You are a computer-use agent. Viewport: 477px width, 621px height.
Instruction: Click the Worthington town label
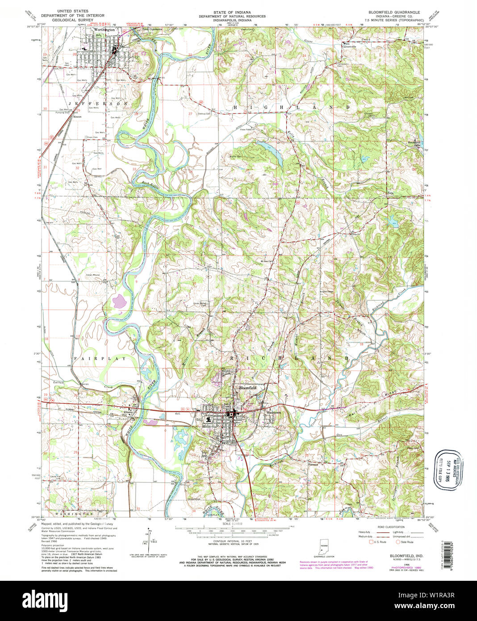pos(101,30)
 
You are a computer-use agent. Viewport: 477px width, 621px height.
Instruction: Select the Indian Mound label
pos(93,275)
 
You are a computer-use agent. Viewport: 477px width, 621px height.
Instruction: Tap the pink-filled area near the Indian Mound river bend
pos(119,302)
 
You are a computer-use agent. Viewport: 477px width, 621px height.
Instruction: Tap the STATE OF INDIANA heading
pos(238,12)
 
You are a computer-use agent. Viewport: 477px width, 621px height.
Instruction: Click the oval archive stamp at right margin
pos(449,470)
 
